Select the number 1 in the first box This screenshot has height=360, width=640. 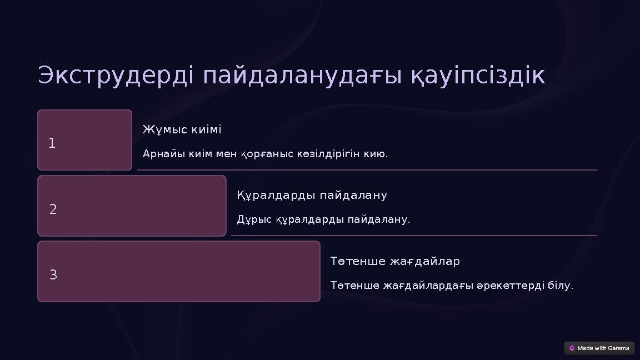pos(52,143)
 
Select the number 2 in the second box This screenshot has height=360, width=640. pos(53,209)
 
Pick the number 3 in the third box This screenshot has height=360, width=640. pos(53,275)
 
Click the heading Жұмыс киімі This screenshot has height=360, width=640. pos(182,129)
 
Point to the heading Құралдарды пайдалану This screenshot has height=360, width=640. pos(312,196)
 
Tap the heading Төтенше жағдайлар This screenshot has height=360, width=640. pos(395,261)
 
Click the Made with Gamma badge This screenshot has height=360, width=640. pos(599,348)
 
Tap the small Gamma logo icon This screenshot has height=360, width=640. pos(572,348)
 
